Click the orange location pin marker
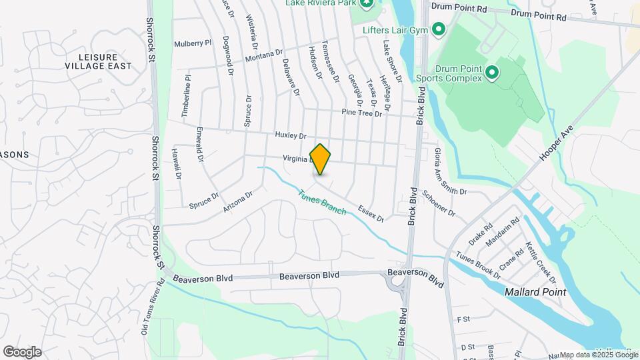click(x=320, y=159)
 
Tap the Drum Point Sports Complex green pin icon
click(x=491, y=71)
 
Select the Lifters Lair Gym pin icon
click(x=439, y=29)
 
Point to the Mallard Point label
click(x=535, y=292)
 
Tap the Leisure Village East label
click(x=98, y=61)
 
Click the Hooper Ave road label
click(x=553, y=144)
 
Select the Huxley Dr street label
click(x=290, y=135)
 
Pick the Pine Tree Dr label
click(x=361, y=113)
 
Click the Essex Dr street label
click(x=371, y=213)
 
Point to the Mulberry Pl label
click(x=193, y=43)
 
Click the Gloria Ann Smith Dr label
click(x=451, y=171)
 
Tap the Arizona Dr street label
click(x=239, y=201)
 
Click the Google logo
click(x=22, y=352)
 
